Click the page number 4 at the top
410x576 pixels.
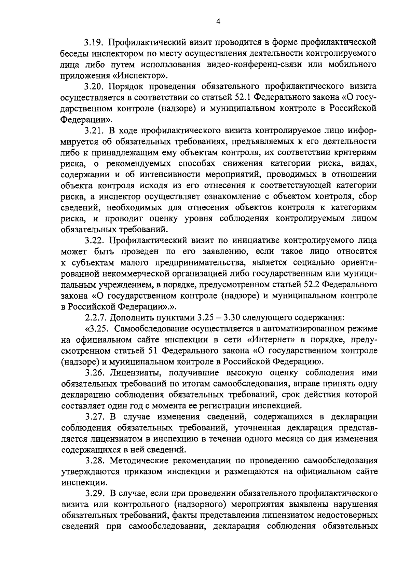click(218, 21)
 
